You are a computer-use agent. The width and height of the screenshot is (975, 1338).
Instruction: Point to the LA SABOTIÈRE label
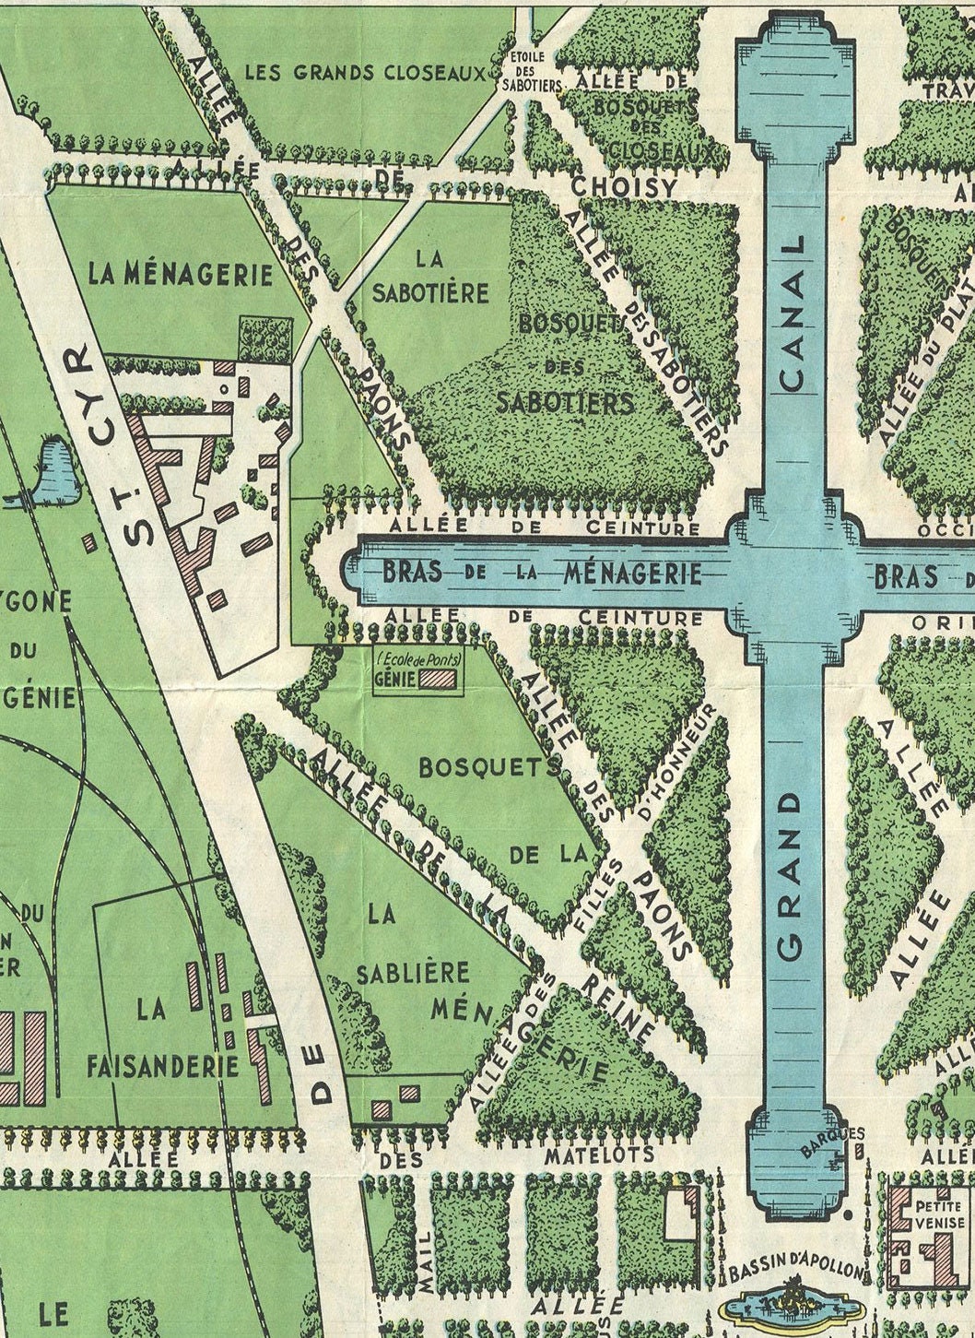click(x=429, y=275)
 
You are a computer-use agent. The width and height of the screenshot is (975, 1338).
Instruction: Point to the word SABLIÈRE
click(x=413, y=974)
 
